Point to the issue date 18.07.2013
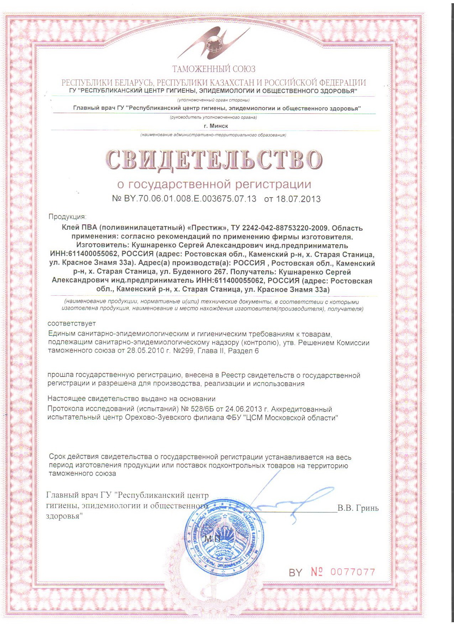(x=298, y=199)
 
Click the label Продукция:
(x=67, y=216)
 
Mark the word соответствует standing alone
(x=72, y=323)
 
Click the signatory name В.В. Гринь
(x=358, y=508)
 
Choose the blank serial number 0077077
(x=353, y=572)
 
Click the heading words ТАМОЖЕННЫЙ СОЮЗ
(x=214, y=69)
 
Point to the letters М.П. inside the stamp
(x=213, y=539)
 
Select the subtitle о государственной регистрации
(x=214, y=184)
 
